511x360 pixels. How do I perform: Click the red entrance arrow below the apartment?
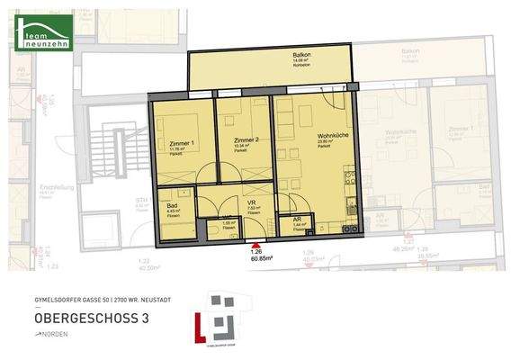259,244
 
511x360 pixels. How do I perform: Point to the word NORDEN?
55,335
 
